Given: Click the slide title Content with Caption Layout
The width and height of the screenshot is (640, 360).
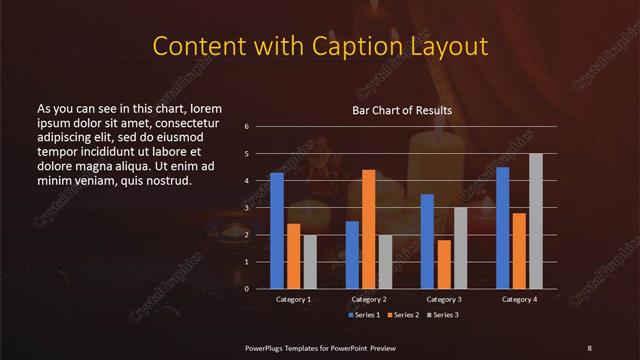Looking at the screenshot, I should [319, 46].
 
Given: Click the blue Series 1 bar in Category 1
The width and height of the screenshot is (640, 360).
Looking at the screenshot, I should [277, 230].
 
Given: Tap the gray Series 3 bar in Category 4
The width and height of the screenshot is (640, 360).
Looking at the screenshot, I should [536, 221].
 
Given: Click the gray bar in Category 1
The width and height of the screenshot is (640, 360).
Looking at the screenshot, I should [310, 261].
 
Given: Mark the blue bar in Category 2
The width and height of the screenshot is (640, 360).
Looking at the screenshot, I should [352, 254].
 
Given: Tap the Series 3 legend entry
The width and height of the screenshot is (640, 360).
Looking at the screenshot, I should [443, 315].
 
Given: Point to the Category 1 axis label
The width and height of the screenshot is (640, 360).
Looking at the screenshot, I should [293, 299].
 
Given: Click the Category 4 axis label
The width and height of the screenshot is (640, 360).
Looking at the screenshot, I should [519, 299].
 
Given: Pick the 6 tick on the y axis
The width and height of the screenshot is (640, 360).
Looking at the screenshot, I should [246, 127].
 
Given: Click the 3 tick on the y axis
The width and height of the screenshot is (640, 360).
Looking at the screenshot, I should [246, 208].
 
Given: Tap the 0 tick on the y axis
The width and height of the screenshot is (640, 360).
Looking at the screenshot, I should [246, 289].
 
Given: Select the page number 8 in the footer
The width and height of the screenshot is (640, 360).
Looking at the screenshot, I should [589, 347].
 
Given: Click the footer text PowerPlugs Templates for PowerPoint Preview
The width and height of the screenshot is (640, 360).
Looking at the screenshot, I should [317, 347].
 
